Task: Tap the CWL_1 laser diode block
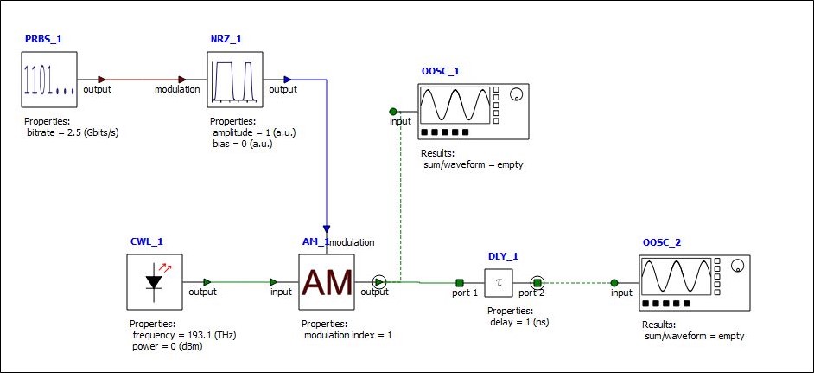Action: pos(156,282)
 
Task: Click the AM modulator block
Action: pos(327,282)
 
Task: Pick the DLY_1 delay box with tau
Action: pos(499,282)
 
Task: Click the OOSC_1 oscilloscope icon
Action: pos(473,112)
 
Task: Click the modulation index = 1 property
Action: pos(347,334)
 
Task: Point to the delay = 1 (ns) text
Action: pos(518,321)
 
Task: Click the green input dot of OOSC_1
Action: pos(393,111)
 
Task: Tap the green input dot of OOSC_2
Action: pos(614,282)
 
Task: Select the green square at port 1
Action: pos(460,282)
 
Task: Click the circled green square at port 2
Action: pos(537,282)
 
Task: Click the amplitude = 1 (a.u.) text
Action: pos(255,132)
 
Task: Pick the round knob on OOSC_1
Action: pos(517,94)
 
